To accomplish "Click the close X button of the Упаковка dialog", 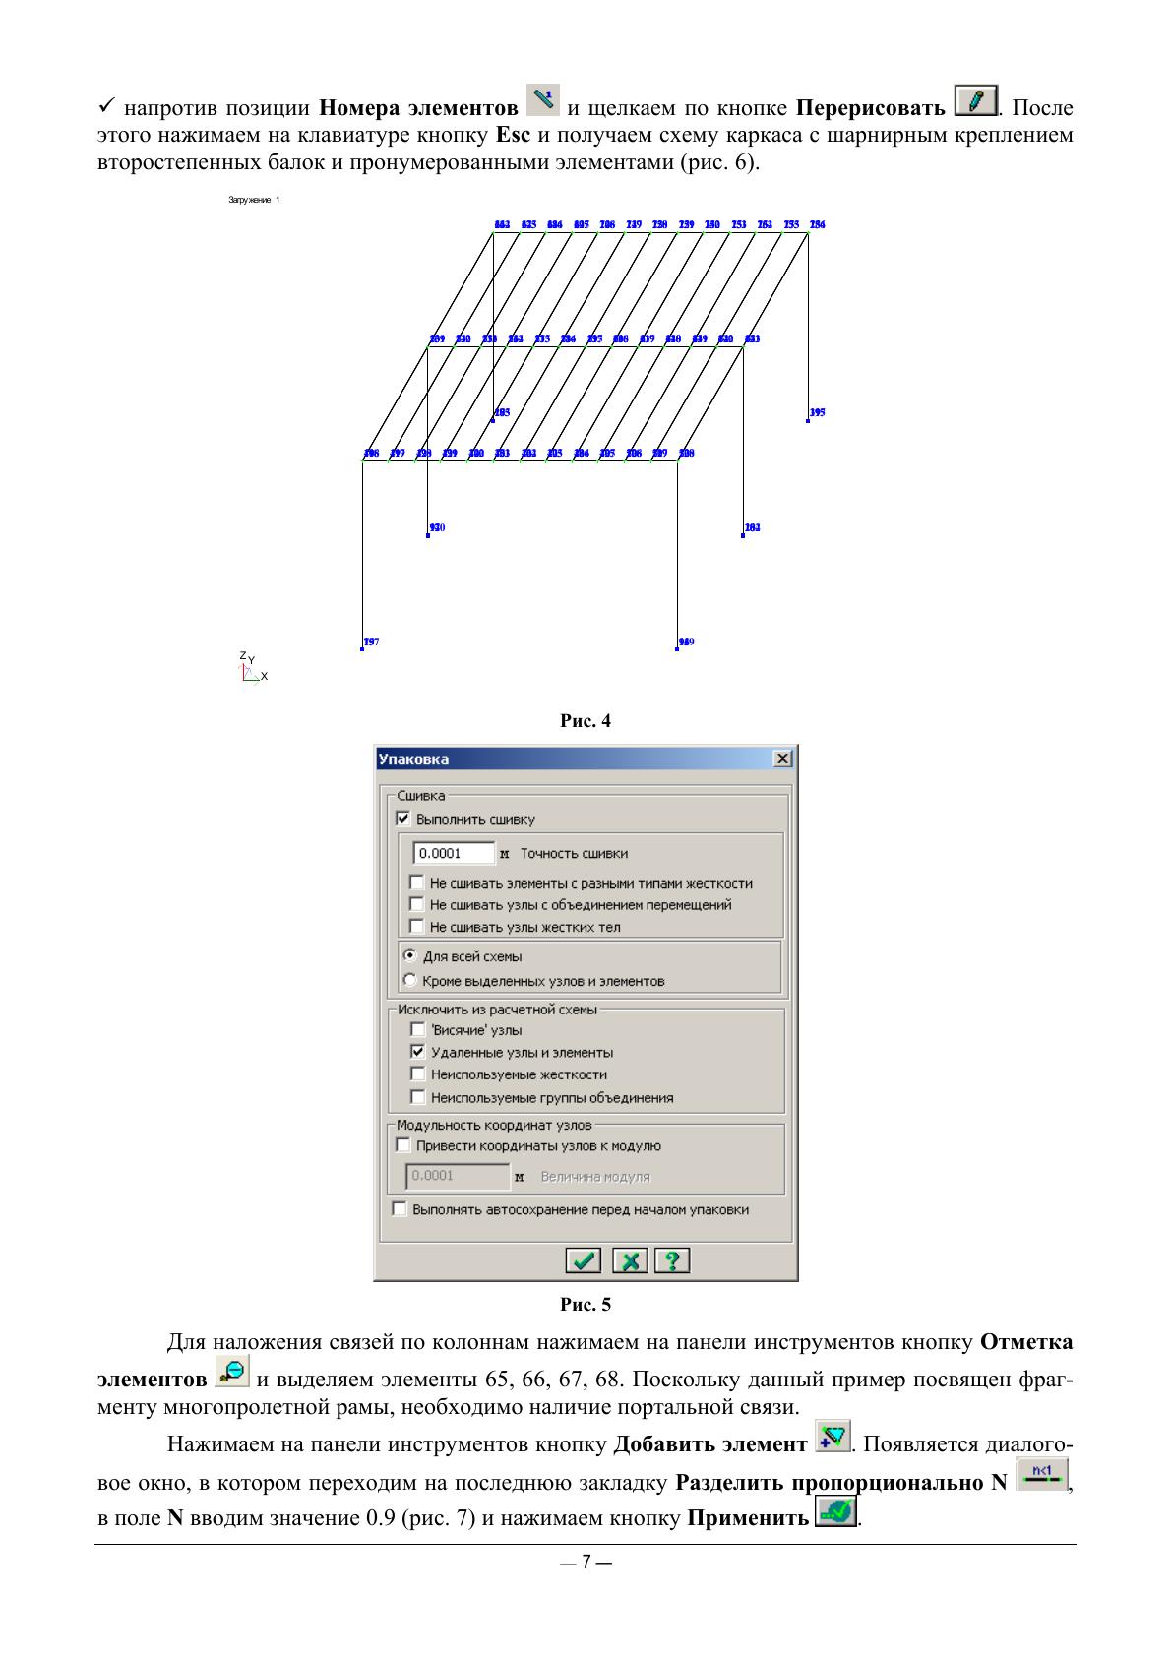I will pyautogui.click(x=782, y=759).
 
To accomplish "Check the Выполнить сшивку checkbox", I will pyautogui.click(x=402, y=819).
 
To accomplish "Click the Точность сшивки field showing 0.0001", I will pyautogui.click(x=453, y=853).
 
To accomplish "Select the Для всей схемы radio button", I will pyautogui.click(x=410, y=955).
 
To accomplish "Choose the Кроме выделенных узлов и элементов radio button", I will pyautogui.click(x=410, y=980).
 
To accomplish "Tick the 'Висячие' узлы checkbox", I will pyautogui.click(x=417, y=1029).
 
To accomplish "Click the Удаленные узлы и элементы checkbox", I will pyautogui.click(x=417, y=1052).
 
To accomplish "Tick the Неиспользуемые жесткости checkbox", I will pyautogui.click(x=417, y=1074).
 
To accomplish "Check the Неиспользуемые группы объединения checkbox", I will pyautogui.click(x=417, y=1097).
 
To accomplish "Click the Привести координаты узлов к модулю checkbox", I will pyautogui.click(x=402, y=1145).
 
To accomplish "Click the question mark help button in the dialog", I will pyautogui.click(x=673, y=1260).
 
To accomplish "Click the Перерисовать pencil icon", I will pyautogui.click(x=976, y=101).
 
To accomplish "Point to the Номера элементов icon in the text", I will pyautogui.click(x=542, y=99).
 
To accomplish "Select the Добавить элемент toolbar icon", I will pyautogui.click(x=833, y=1437).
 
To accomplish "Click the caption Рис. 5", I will pyautogui.click(x=586, y=1305).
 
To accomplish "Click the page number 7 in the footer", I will pyautogui.click(x=586, y=1563).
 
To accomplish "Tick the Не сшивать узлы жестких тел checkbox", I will pyautogui.click(x=417, y=927).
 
